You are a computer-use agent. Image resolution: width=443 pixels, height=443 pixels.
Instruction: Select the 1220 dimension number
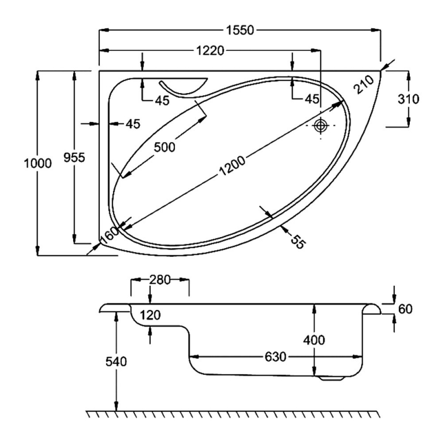(x=209, y=51)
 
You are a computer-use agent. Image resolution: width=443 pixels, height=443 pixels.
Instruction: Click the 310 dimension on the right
(x=408, y=99)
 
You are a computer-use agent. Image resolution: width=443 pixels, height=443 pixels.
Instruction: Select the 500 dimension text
(x=164, y=147)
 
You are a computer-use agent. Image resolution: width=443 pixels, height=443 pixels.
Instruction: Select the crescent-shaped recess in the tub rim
(x=183, y=87)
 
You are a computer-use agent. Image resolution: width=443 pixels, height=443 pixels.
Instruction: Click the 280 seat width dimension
(x=159, y=280)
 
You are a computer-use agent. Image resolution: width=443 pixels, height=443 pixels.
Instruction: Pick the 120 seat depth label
(x=150, y=316)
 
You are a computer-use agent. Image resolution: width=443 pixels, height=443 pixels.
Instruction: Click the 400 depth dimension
(x=314, y=339)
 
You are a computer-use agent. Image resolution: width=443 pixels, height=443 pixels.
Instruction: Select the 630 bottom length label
(x=275, y=357)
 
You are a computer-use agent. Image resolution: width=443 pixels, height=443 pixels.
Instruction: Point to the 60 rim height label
(x=405, y=308)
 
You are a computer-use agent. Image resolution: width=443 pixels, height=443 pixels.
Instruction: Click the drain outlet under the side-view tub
(x=333, y=379)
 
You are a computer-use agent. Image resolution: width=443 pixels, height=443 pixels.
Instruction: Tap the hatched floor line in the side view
(x=233, y=414)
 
